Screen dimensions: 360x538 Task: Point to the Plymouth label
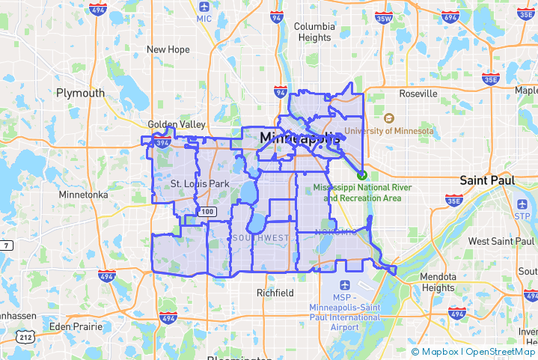click(81, 93)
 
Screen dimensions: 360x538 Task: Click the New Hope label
click(168, 49)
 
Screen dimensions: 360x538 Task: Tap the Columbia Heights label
click(314, 31)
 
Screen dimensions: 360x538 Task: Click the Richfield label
click(275, 293)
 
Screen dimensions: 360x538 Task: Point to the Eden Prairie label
click(75, 326)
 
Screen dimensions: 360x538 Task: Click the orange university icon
click(388, 118)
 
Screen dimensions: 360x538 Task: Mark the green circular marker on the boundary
click(362, 174)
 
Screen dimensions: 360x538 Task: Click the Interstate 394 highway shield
click(162, 140)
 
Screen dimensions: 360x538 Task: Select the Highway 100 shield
click(207, 213)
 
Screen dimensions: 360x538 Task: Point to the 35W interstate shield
click(384, 18)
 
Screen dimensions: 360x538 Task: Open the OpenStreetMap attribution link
click(501, 352)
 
